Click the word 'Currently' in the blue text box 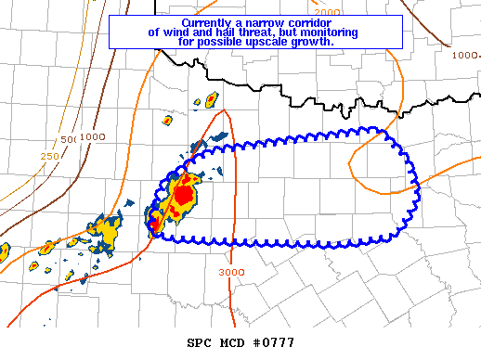pyautogui.click(x=210, y=22)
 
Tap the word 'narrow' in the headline pyautogui.click(x=270, y=22)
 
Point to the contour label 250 pyautogui.click(x=50, y=156)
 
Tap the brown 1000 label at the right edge pyautogui.click(x=465, y=56)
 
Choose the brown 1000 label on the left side pyautogui.click(x=91, y=136)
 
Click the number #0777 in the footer pyautogui.click(x=274, y=342)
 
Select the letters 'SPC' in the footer pyautogui.click(x=201, y=342)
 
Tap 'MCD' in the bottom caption pyautogui.click(x=235, y=342)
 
